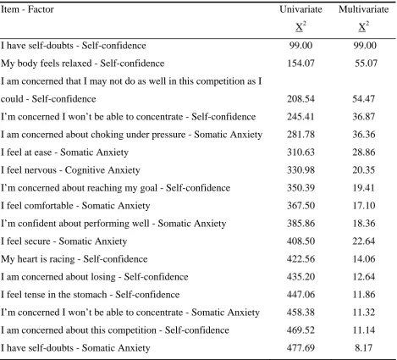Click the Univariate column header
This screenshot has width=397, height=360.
(x=301, y=9)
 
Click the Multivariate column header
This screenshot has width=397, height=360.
(x=364, y=9)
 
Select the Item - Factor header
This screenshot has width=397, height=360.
(x=27, y=9)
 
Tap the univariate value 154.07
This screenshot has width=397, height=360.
(x=301, y=64)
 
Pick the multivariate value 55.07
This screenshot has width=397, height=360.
(x=366, y=64)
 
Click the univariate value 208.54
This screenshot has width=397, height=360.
(x=301, y=99)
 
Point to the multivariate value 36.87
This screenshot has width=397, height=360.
(x=364, y=117)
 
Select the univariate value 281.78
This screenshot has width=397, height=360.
(x=301, y=135)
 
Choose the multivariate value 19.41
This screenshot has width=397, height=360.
(x=364, y=188)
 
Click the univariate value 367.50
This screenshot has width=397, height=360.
(x=301, y=206)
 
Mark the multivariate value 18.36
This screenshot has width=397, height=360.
(x=364, y=224)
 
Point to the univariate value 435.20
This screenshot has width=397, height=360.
(x=301, y=277)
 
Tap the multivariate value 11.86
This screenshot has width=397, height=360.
(x=364, y=295)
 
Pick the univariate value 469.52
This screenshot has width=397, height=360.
(x=301, y=330)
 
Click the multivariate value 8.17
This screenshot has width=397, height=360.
(x=364, y=348)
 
